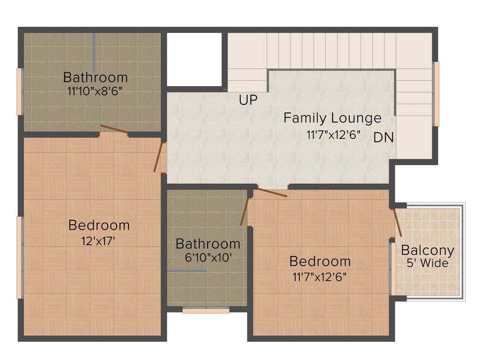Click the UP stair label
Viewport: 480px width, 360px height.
[x=248, y=100]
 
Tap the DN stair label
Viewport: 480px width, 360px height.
[x=383, y=138]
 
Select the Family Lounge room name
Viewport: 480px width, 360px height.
[x=332, y=118]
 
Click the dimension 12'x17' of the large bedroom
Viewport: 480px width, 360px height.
[x=98, y=241]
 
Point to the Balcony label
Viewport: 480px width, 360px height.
[x=427, y=250]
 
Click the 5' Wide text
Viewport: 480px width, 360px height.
[x=427, y=263]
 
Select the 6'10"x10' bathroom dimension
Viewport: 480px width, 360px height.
[x=208, y=257]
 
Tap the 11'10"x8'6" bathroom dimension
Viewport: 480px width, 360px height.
[x=95, y=90]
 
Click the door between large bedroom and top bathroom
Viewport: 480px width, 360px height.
[x=114, y=130]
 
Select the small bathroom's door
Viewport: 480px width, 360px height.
[x=244, y=211]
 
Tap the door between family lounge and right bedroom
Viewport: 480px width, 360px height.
[x=272, y=192]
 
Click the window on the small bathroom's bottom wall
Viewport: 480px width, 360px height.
[x=206, y=310]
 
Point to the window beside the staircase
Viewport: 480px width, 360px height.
[x=436, y=94]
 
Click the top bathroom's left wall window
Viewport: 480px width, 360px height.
[x=20, y=91]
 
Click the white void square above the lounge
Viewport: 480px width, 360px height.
[x=194, y=59]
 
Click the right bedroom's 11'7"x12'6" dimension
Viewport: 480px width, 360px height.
[x=320, y=276]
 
